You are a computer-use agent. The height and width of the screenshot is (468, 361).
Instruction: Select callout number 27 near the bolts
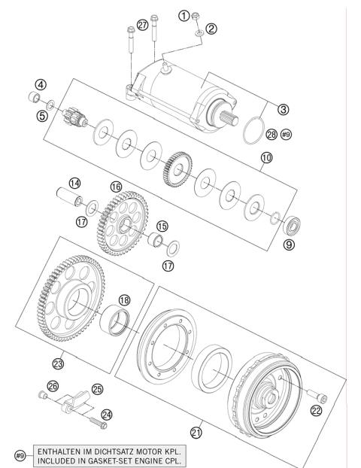pos(142,27)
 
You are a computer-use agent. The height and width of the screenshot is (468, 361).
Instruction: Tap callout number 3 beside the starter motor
pos(283,109)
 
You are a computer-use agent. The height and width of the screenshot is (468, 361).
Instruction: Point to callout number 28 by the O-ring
pos(271,135)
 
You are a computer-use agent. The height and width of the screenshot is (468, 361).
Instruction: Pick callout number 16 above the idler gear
pos(115,185)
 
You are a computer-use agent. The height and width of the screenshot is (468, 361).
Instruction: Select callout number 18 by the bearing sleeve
pos(123,299)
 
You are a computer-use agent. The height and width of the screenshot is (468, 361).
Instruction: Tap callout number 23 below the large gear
pos(57,363)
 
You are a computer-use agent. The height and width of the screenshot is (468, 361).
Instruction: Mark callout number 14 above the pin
pos(74,184)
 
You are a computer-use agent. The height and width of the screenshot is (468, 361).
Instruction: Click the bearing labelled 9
pos(289,223)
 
